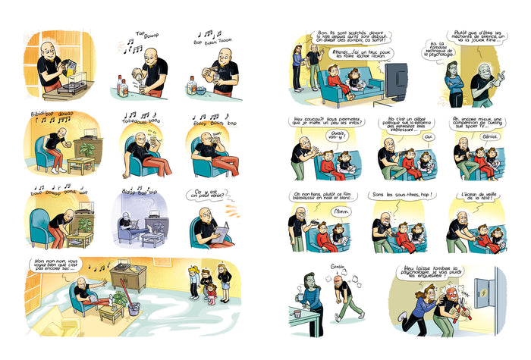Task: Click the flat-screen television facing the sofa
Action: click(x=397, y=76)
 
